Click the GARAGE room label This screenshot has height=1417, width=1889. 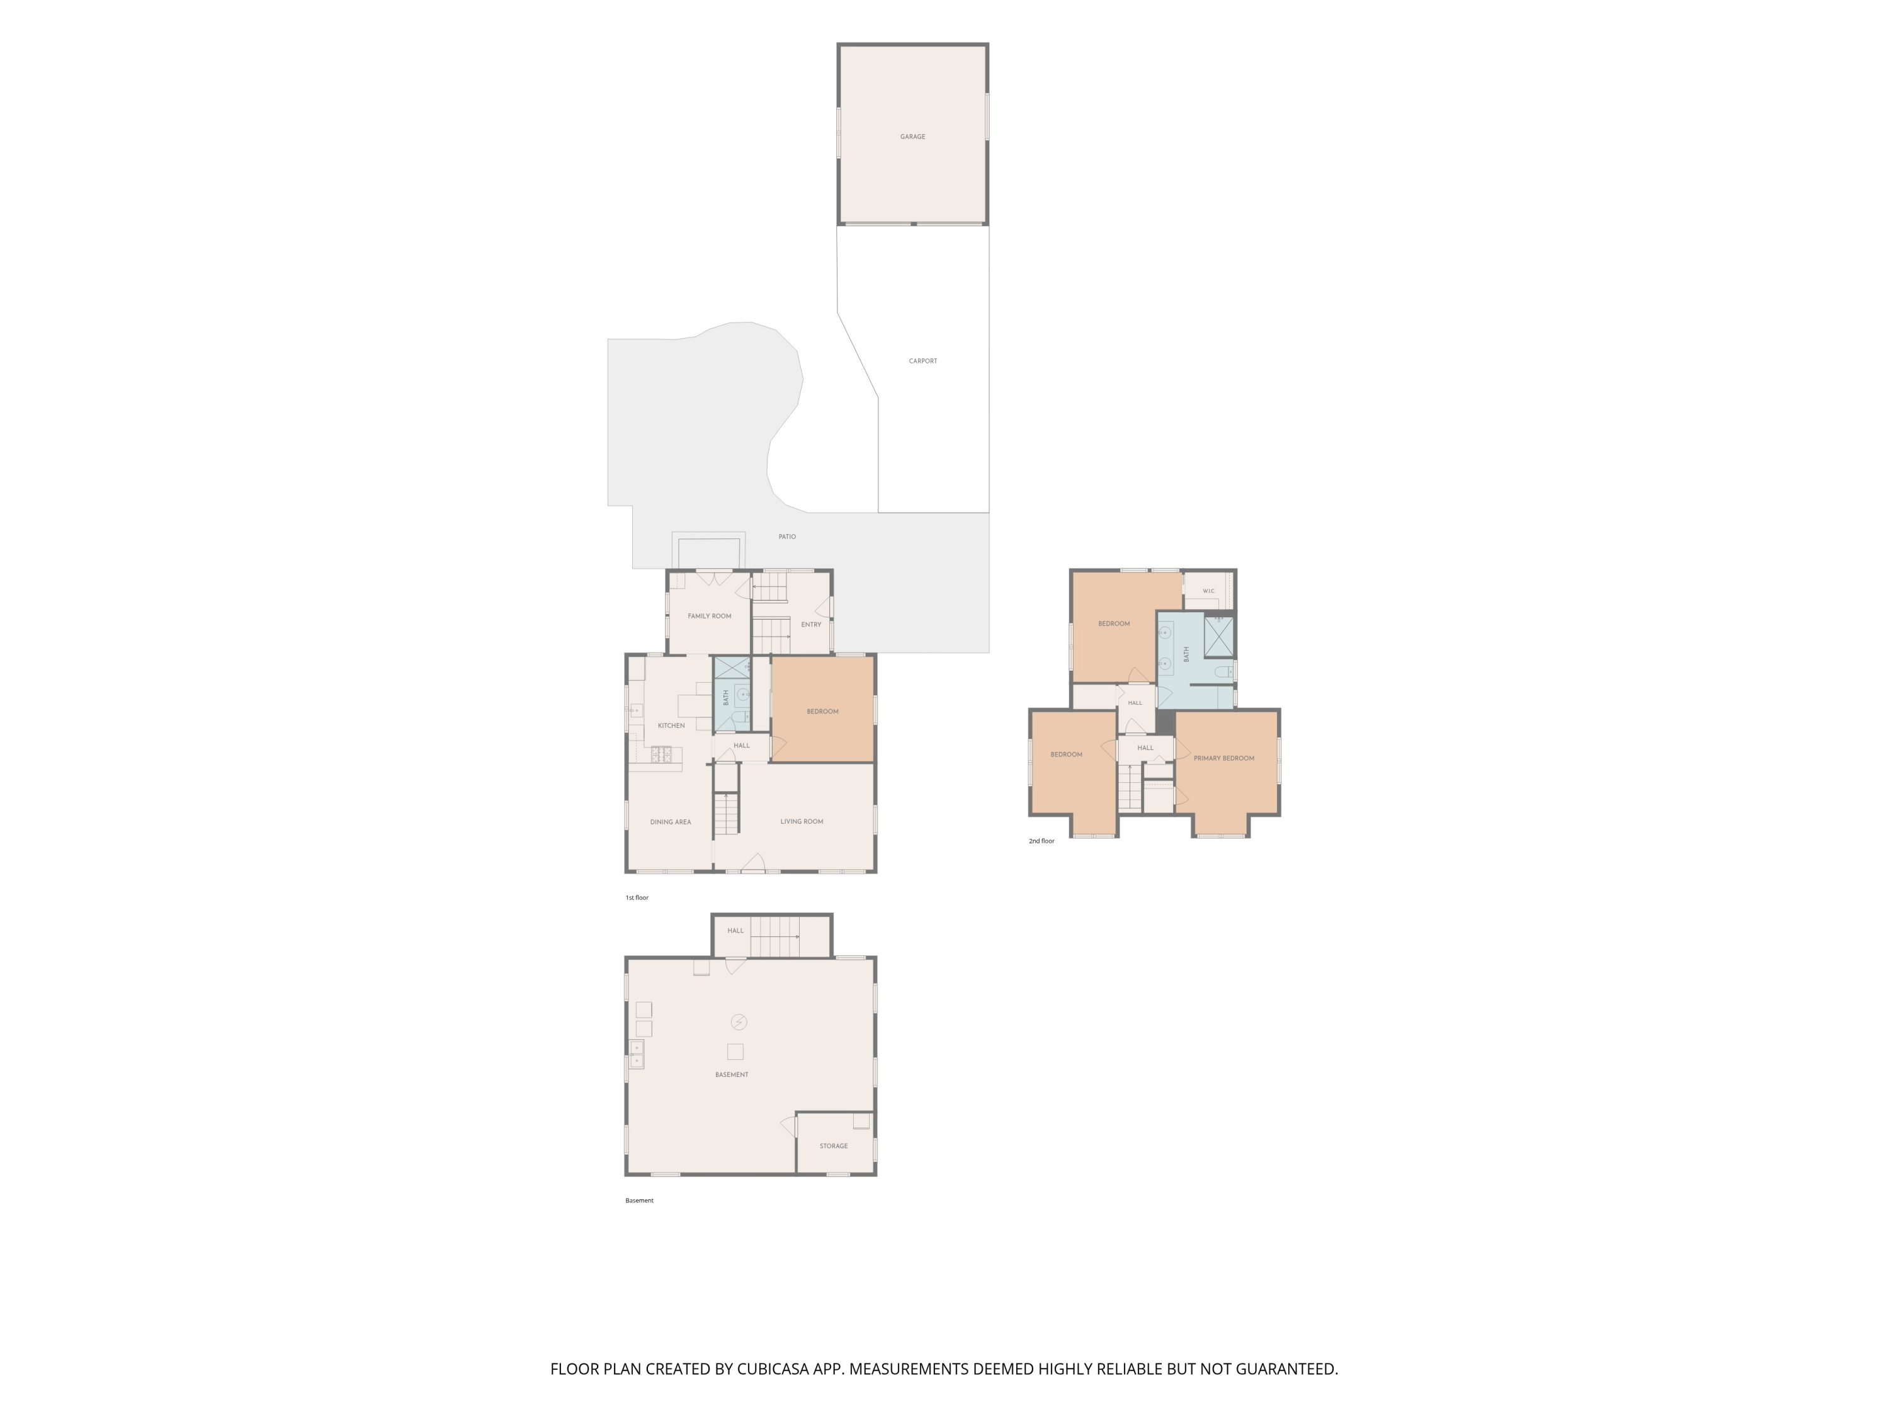[x=912, y=137]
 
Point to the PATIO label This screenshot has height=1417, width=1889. [x=786, y=537]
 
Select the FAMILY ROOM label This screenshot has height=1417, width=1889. [x=709, y=616]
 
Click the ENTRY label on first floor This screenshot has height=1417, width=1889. [x=810, y=624]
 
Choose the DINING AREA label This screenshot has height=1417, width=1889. [x=671, y=822]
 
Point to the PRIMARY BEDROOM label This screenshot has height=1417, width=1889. [x=1223, y=758]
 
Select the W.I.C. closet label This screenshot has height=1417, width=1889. [x=1208, y=591]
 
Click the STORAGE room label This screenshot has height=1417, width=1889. [x=834, y=1146]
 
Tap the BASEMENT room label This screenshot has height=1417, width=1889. [x=731, y=1074]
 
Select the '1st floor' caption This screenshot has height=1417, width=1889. [x=637, y=897]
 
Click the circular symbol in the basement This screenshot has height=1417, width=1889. [x=739, y=1022]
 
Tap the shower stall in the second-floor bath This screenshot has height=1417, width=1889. [x=1218, y=636]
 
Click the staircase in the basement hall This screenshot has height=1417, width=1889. [x=774, y=936]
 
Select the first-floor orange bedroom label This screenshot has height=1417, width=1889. [x=822, y=712]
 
